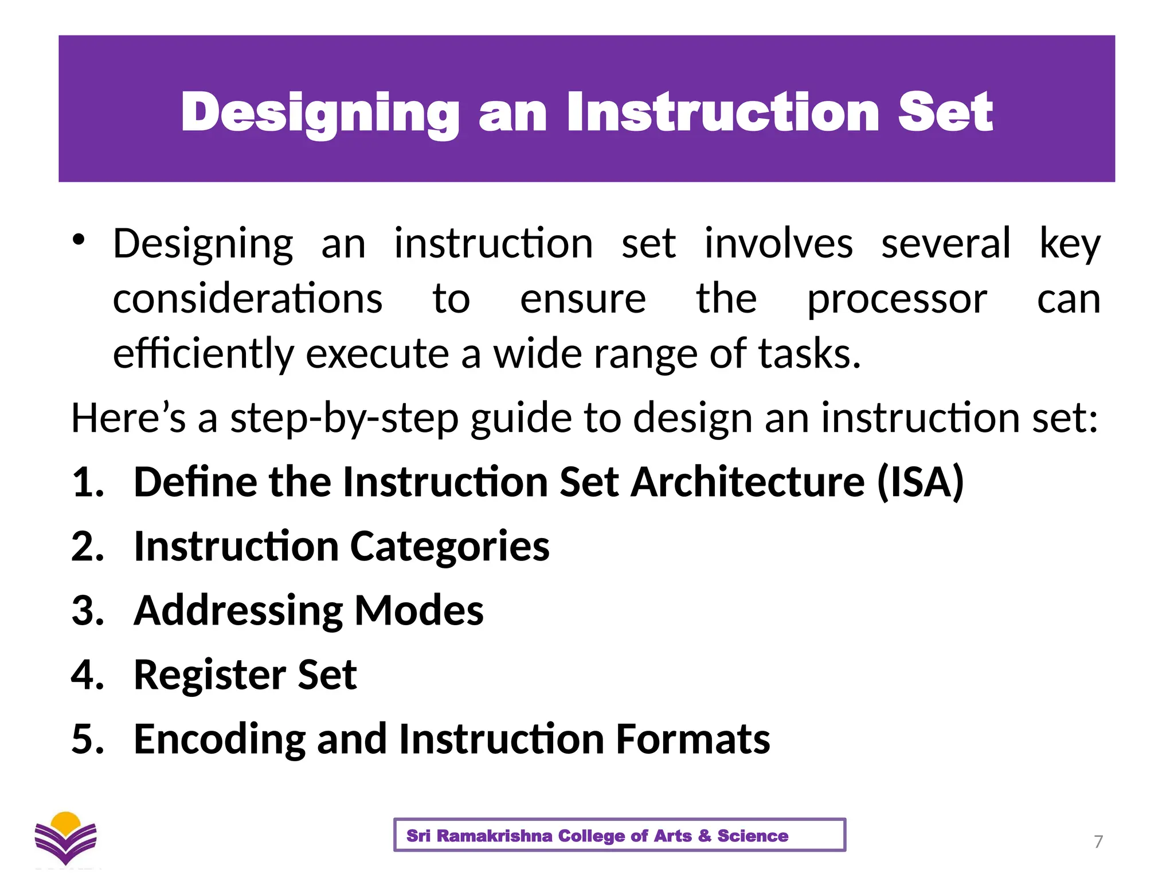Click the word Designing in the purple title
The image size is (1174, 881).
click(x=320, y=112)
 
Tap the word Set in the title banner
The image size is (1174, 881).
click(x=945, y=112)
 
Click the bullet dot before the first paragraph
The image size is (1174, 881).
click(x=79, y=240)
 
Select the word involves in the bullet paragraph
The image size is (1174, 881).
click(x=778, y=243)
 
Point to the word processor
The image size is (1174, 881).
click(x=897, y=299)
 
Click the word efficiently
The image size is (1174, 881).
click(x=203, y=354)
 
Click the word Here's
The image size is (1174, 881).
click(x=128, y=418)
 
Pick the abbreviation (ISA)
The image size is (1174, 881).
click(x=921, y=482)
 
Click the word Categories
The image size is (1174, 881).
click(x=449, y=546)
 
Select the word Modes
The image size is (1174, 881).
click(x=419, y=610)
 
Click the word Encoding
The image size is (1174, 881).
click(x=220, y=739)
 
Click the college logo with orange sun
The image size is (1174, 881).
click(x=66, y=838)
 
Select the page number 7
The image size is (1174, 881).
click(x=1098, y=841)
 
